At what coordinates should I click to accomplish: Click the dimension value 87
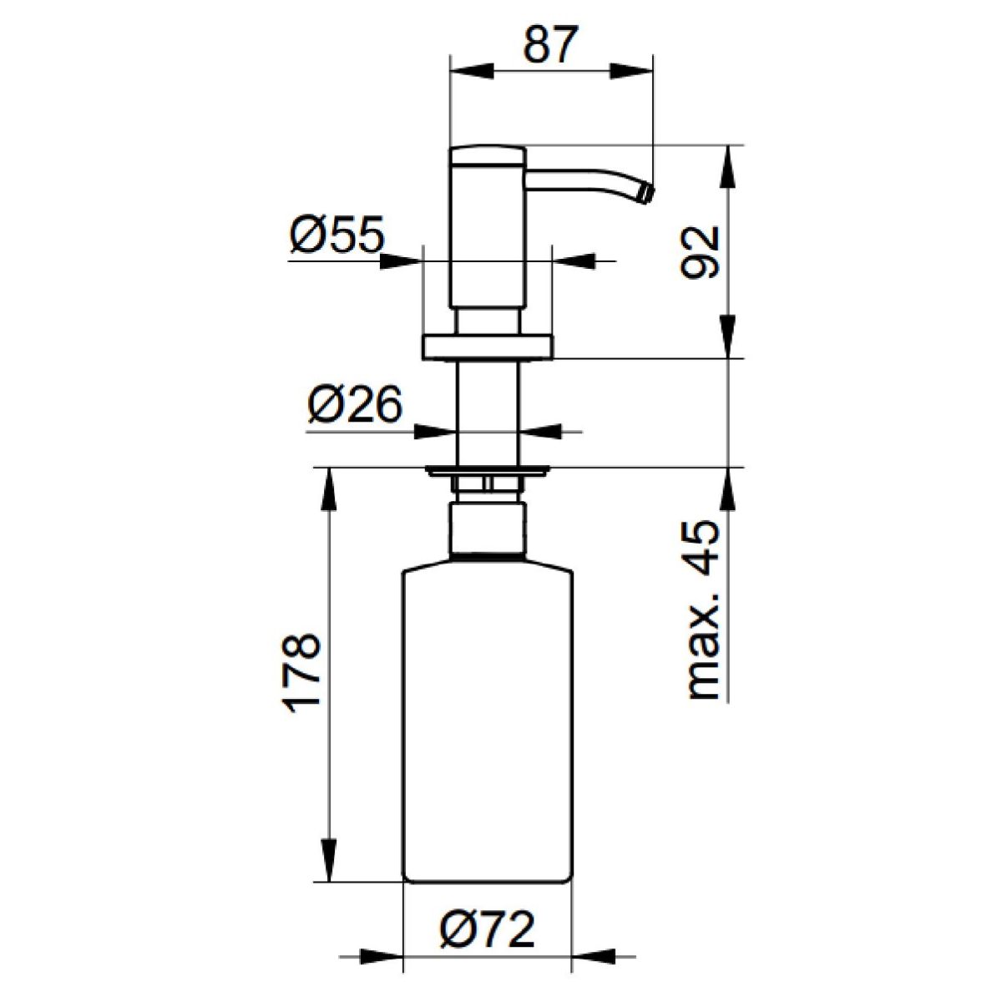tap(550, 45)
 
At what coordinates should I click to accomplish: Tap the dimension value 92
tap(700, 252)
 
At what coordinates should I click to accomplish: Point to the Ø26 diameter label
tap(355, 404)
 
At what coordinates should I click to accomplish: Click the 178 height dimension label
tap(301, 673)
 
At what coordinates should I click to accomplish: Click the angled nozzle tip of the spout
tap(647, 194)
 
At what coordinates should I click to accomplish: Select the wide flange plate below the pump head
tap(488, 347)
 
